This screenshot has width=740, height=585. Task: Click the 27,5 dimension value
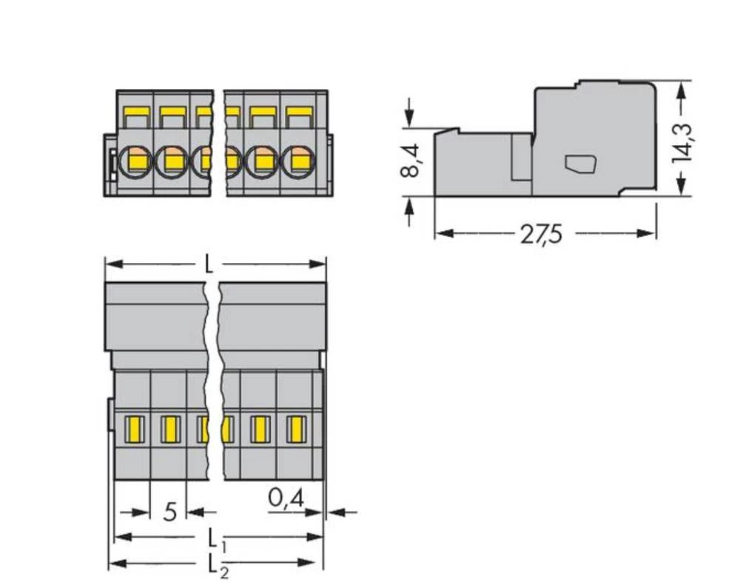pos(541,234)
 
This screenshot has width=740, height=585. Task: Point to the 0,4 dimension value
pos(285,499)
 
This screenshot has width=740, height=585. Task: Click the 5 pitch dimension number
pos(169,512)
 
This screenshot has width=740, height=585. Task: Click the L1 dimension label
pos(214,537)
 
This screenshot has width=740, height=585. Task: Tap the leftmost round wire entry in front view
pos(136,160)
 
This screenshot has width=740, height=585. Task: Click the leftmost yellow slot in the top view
pos(135,429)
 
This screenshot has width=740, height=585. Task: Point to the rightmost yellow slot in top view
pos(297,429)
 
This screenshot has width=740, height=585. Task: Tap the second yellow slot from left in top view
pos(170,429)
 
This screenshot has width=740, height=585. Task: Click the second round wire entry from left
pos(172,160)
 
